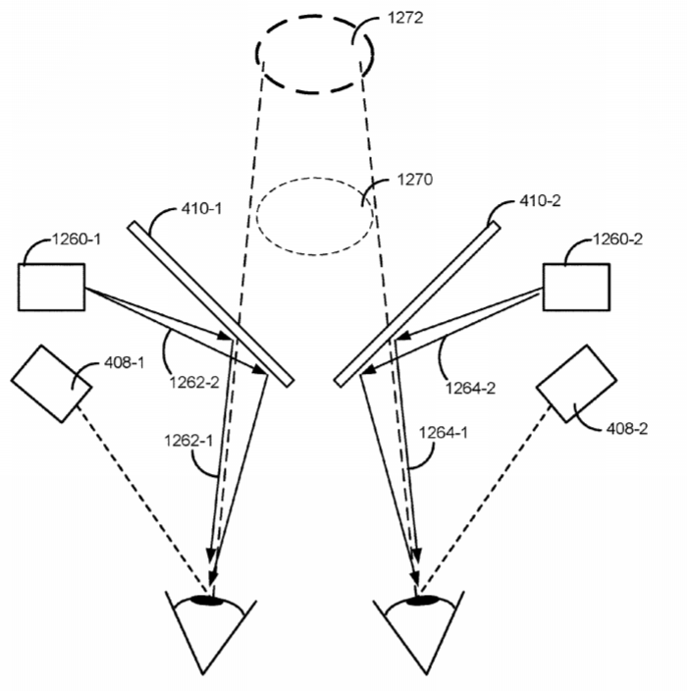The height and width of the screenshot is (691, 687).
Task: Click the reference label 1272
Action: [x=405, y=18]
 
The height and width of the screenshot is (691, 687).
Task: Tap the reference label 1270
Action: [x=415, y=180]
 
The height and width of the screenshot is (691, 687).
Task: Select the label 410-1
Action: [x=201, y=208]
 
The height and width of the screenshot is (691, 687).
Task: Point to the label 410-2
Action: [x=540, y=201]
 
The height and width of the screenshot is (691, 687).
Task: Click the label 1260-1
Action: [x=77, y=239]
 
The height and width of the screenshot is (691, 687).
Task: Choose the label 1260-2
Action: [x=618, y=239]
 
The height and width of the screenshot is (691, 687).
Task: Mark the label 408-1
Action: [x=124, y=363]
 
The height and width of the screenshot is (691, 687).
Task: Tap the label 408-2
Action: [x=627, y=428]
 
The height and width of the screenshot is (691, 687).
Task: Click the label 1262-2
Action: [x=194, y=382]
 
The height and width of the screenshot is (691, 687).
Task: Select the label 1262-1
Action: [x=188, y=441]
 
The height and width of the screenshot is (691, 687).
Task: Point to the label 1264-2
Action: [x=470, y=389]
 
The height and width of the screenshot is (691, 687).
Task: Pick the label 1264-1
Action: [x=443, y=433]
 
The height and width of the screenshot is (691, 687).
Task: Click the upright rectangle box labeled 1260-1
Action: [x=52, y=288]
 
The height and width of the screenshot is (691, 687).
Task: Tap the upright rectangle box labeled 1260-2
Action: [x=576, y=288]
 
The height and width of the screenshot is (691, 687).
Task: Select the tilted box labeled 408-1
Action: [x=52, y=384]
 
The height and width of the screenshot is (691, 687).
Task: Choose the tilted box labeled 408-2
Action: [x=576, y=384]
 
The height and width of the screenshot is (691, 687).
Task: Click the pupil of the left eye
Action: [x=206, y=600]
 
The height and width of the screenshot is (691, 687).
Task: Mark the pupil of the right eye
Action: [x=422, y=600]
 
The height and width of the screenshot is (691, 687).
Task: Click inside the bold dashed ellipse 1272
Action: [x=315, y=54]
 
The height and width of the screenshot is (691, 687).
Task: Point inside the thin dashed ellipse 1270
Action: [x=315, y=216]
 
